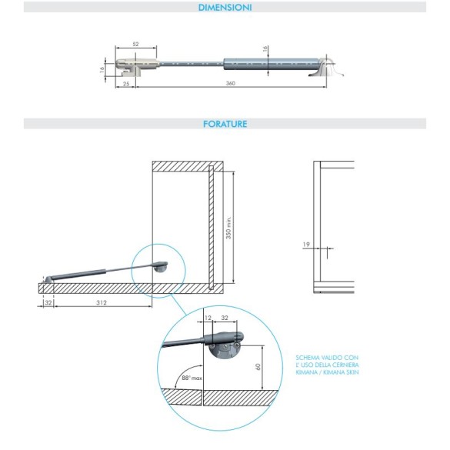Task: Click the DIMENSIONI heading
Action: [225, 8]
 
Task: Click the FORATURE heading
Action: [225, 124]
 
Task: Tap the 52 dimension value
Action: [135, 44]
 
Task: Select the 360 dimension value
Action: [231, 83]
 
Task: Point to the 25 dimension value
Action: [126, 84]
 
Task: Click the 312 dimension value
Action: [102, 302]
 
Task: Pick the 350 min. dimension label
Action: [228, 228]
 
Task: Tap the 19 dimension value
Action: [306, 244]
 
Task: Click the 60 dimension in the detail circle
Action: [258, 367]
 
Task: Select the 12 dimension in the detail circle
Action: [208, 318]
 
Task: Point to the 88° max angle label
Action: [192, 378]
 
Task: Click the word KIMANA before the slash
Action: [306, 372]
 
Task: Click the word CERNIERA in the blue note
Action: [347, 365]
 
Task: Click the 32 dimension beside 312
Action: [48, 302]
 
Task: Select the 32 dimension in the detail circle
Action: [225, 318]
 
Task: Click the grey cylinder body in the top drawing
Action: [272, 63]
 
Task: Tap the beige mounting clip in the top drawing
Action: [137, 67]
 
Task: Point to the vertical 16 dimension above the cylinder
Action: [265, 48]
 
